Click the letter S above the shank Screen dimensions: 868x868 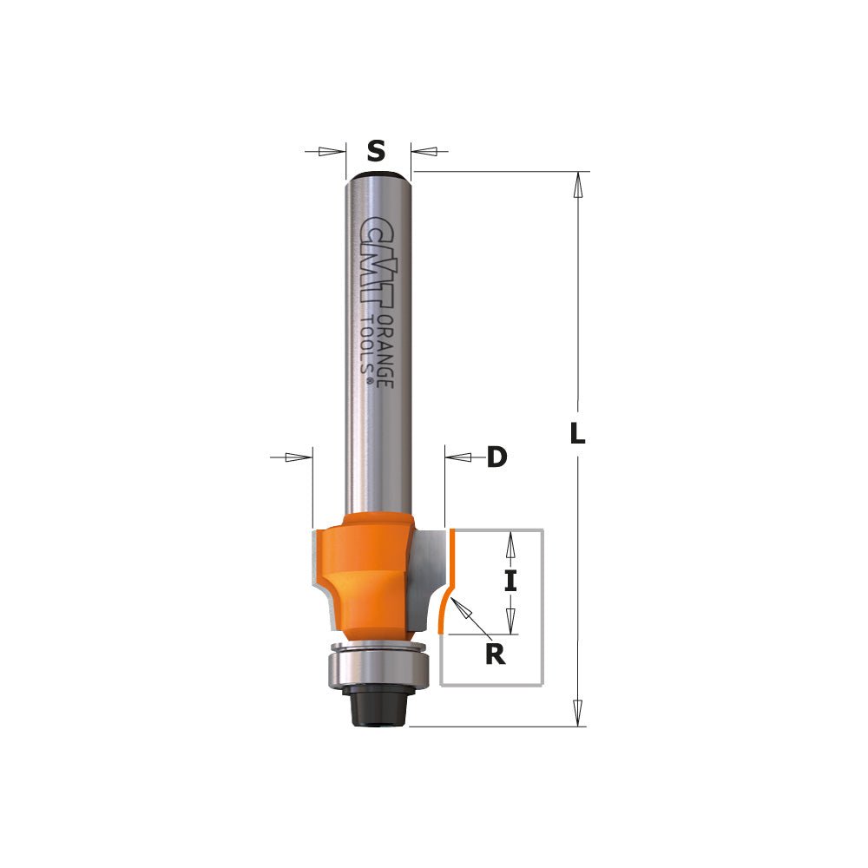pyautogui.click(x=375, y=152)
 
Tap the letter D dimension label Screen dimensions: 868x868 pyautogui.click(x=496, y=457)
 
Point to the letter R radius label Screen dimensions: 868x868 pyautogui.click(x=494, y=654)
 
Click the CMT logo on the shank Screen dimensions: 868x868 pyautogui.click(x=375, y=261)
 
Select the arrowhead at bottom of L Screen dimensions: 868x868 pyautogui.click(x=576, y=713)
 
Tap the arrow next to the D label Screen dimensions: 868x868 pyautogui.click(x=458, y=457)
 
